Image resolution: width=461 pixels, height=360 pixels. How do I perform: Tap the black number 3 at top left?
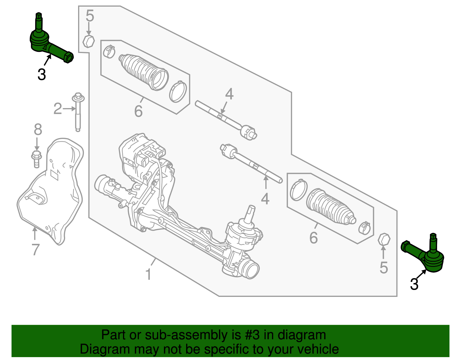pyautogui.click(x=42, y=74)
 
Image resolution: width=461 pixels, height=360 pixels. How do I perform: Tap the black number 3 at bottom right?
pyautogui.click(x=414, y=284)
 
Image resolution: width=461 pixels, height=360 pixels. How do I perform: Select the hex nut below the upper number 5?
pyautogui.click(x=89, y=42)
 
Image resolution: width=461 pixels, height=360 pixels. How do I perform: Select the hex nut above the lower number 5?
pyautogui.click(x=384, y=239)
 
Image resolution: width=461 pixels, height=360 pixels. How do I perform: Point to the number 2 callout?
pyautogui.click(x=58, y=109)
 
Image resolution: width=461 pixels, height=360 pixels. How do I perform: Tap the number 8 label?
pyautogui.click(x=38, y=130)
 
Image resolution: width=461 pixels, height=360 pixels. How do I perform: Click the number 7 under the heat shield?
pyautogui.click(x=35, y=249)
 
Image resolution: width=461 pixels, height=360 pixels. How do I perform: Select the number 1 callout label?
pyautogui.click(x=148, y=274)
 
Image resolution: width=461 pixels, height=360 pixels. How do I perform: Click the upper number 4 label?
pyautogui.click(x=229, y=94)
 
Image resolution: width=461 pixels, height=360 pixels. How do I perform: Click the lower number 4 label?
pyautogui.click(x=265, y=199)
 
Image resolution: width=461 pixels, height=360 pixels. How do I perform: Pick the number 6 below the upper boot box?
pyautogui.click(x=138, y=111)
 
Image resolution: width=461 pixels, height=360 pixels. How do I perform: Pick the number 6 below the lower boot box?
pyautogui.click(x=313, y=238)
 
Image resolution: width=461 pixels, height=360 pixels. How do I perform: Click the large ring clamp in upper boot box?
pyautogui.click(x=178, y=92)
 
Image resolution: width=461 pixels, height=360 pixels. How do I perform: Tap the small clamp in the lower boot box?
pyautogui.click(x=365, y=228)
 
